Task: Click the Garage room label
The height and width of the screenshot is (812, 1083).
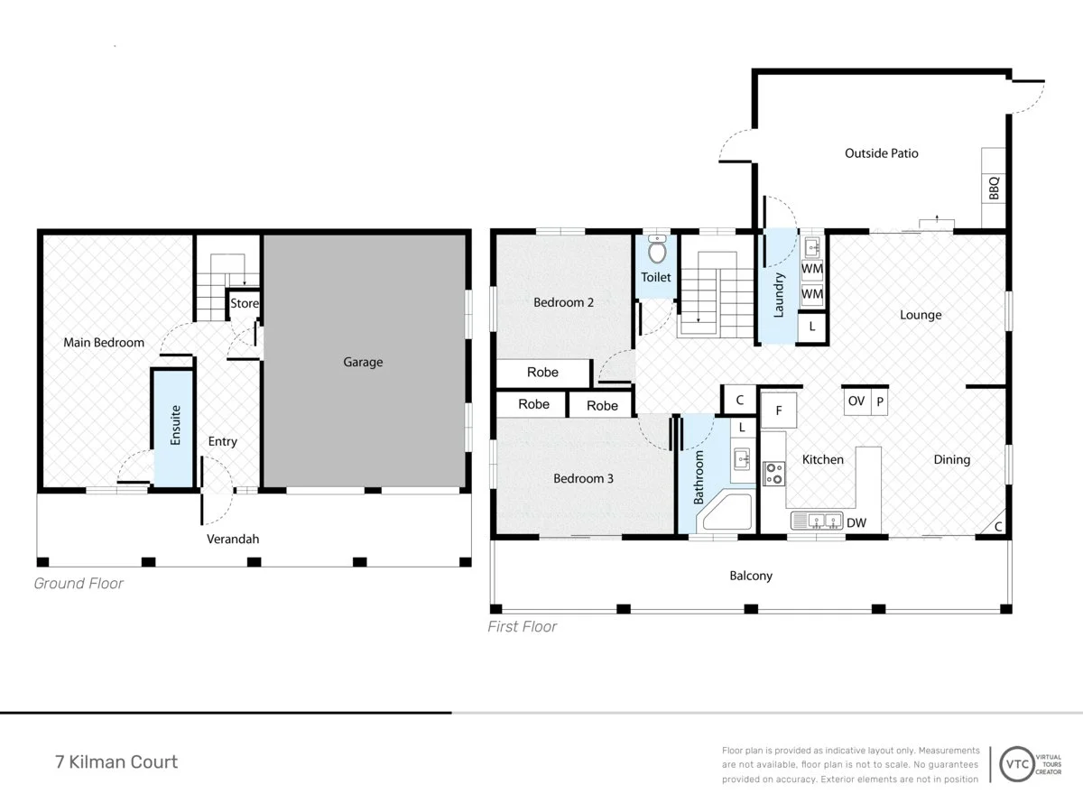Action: pos(363,362)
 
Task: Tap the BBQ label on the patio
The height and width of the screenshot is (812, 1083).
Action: pos(994,188)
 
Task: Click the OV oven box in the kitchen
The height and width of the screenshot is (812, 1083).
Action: pos(857,401)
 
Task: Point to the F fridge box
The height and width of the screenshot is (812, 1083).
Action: pos(779,411)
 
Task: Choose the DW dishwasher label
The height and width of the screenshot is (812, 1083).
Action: pos(856,522)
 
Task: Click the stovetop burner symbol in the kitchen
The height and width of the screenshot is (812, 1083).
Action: pos(773,473)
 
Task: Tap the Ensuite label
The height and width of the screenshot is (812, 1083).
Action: pos(175,425)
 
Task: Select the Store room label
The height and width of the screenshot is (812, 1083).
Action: pos(245,303)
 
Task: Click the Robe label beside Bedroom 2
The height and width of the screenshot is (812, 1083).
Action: pos(542,373)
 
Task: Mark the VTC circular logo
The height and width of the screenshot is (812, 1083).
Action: pos(1016,763)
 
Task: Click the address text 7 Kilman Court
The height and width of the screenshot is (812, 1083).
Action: pos(116,761)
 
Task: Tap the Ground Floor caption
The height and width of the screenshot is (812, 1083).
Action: pos(79,583)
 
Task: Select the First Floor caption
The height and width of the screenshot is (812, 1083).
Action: pos(522,627)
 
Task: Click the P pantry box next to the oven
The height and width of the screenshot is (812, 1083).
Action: pos(880,401)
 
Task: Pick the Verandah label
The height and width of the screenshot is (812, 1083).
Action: pos(233,539)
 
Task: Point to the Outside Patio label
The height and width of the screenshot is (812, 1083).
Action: pos(882,153)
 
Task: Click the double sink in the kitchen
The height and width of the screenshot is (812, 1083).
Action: pos(817,521)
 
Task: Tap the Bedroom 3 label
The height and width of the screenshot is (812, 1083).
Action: pos(583,478)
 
